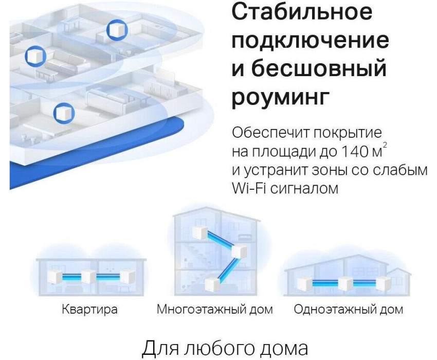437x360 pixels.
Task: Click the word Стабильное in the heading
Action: pos(302,12)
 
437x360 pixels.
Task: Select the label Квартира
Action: pos(89,310)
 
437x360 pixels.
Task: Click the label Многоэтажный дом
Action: pos(214,310)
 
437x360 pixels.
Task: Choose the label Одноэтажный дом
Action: pos(349,310)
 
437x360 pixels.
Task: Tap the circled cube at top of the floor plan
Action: pos(117,29)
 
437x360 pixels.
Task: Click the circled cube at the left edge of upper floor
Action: pos(35,56)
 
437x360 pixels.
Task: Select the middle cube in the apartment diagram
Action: pos(88,277)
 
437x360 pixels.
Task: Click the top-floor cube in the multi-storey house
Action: pos(201,233)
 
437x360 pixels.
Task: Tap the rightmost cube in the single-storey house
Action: pos(384,283)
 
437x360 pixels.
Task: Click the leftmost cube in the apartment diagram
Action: pos(55,278)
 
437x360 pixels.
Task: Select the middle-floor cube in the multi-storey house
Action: pos(239,251)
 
